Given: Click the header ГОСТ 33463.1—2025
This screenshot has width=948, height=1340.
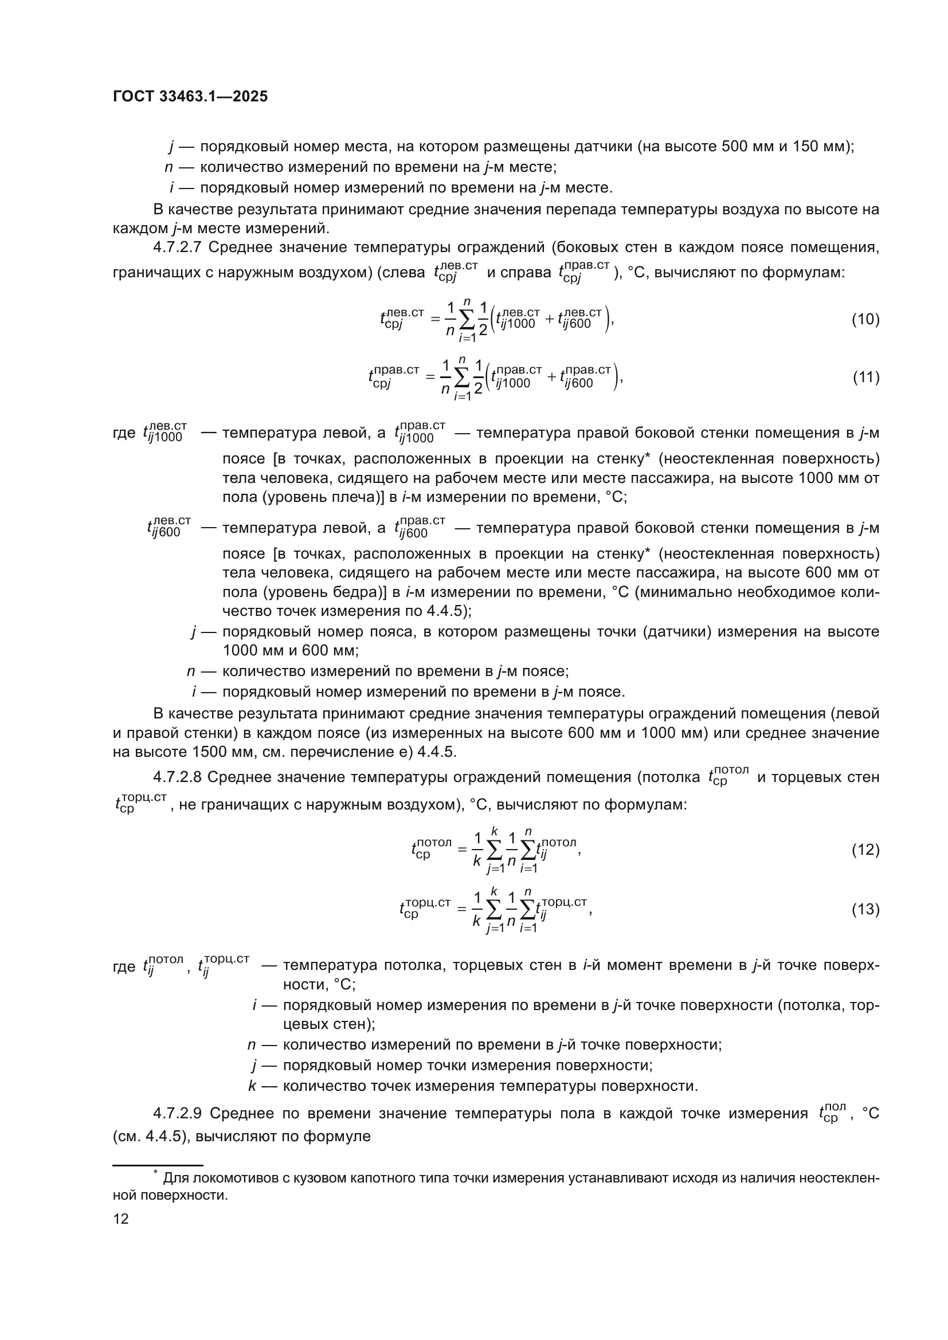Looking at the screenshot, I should (190, 97).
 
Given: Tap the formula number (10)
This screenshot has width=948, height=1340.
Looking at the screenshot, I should (865, 320).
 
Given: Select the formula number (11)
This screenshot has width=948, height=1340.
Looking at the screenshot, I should (865, 377).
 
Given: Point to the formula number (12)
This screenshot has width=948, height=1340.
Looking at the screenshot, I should (865, 850).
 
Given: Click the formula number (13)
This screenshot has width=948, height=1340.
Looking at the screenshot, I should (865, 909).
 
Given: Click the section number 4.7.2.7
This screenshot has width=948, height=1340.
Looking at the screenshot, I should (177, 247).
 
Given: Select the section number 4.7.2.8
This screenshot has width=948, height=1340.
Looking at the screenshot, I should (177, 777).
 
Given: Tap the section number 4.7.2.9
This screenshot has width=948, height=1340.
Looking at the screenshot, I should (177, 1114).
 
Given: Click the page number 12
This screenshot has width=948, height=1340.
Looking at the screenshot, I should (121, 1219).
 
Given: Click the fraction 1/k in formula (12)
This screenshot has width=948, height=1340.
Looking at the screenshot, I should (477, 850).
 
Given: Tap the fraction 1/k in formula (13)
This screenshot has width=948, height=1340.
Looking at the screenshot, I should (477, 909).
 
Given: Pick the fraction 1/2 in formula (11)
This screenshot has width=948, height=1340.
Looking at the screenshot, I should (478, 377).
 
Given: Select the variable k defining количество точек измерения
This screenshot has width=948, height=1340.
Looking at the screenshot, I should (252, 1086).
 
